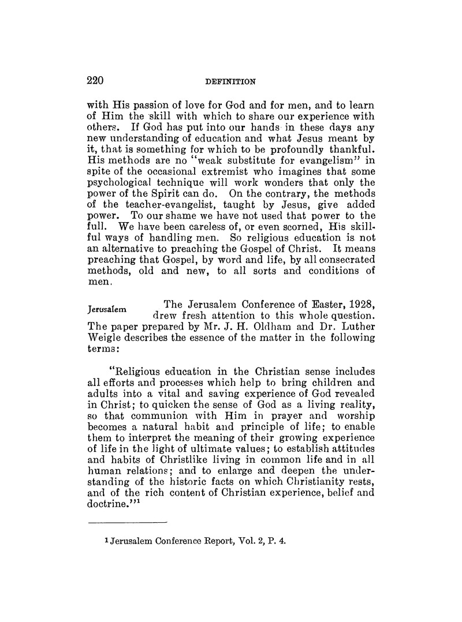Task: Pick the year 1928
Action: [359, 303]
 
